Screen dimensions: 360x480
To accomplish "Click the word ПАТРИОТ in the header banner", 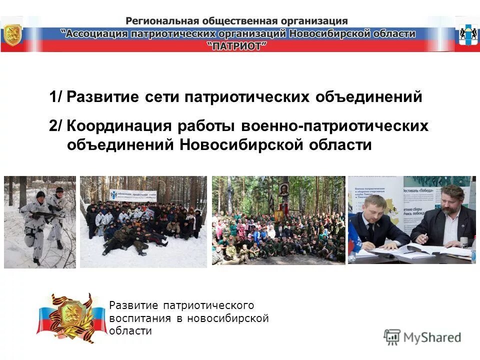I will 236,45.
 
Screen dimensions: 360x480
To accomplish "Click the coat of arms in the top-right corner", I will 466,34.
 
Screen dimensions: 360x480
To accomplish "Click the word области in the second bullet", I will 340,145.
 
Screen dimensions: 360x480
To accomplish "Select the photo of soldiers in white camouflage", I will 40,222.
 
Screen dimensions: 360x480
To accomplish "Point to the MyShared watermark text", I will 432,337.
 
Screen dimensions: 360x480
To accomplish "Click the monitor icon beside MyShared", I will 392,337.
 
